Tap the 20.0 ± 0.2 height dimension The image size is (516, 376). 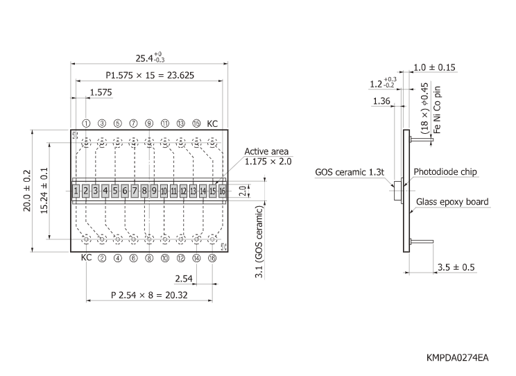tap(26, 190)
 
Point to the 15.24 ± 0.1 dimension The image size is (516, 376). tap(44, 190)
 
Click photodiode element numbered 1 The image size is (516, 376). tap(75, 190)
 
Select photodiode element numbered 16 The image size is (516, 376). tap(223, 190)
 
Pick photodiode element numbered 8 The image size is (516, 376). tap(144, 190)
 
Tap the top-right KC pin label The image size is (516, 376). tap(213, 123)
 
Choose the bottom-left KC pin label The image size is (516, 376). tap(86, 257)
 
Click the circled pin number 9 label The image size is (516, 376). tap(149, 123)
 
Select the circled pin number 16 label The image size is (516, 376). tap(212, 257)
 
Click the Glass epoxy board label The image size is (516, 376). tap(452, 202)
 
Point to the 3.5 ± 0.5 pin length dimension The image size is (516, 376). tap(456, 267)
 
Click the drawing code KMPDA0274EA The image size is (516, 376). tap(458, 357)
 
